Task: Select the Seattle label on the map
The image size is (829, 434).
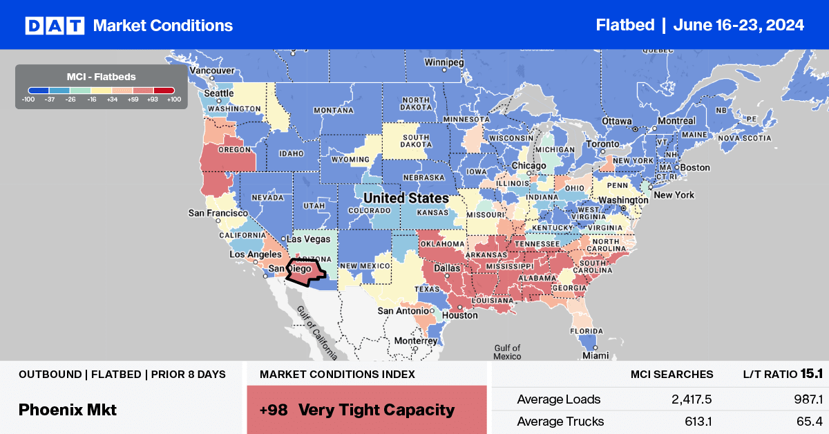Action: tap(219, 94)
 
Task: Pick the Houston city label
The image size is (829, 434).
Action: tap(461, 315)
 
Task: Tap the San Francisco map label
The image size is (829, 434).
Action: tap(218, 214)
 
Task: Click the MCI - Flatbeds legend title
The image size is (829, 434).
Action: tap(101, 76)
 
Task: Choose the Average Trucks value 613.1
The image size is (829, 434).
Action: tap(694, 422)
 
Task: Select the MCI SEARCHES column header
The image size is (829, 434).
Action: tap(671, 375)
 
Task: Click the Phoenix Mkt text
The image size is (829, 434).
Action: tap(68, 410)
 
